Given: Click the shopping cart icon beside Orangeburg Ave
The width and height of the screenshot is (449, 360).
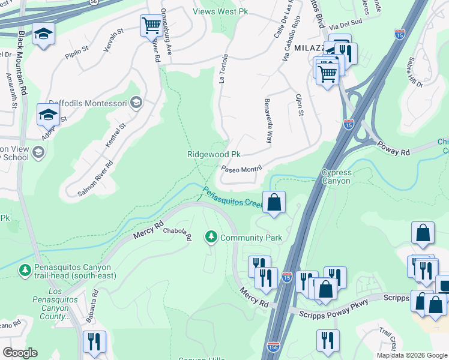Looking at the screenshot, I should pyautogui.click(x=151, y=26).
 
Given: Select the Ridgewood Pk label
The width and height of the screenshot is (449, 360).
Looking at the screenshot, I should pyautogui.click(x=214, y=154).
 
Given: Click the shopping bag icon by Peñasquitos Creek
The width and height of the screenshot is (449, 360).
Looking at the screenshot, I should pyautogui.click(x=274, y=202).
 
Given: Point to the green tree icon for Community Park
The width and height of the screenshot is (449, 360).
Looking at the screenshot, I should pyautogui.click(x=211, y=238).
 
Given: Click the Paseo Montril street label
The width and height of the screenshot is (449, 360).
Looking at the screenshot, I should pyautogui.click(x=243, y=170).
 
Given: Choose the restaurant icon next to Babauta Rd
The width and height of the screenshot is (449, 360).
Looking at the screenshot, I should pyautogui.click(x=95, y=342).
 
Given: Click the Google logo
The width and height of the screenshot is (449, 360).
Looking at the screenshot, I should pyautogui.click(x=20, y=353).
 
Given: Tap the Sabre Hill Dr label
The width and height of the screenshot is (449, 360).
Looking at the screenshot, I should pyautogui.click(x=415, y=72).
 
